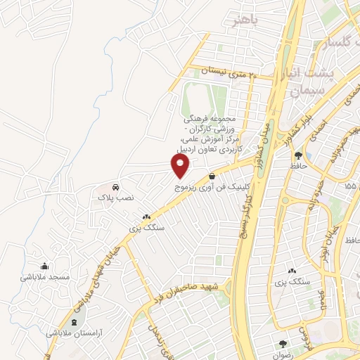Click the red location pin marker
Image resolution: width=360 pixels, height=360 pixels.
[x=180, y=166]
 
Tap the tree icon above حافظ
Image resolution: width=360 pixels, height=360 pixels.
[x=299, y=155]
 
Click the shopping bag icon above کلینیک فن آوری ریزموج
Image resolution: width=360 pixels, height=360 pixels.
[x=212, y=176]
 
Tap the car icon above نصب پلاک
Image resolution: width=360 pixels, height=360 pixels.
[x=115, y=188]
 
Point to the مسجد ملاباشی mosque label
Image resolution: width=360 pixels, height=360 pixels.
[x=45, y=277]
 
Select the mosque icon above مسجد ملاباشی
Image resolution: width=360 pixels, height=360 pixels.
[x=45, y=266]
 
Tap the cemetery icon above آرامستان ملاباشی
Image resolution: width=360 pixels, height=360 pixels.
[x=75, y=321]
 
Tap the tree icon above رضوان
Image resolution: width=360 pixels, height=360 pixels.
[x=283, y=345]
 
